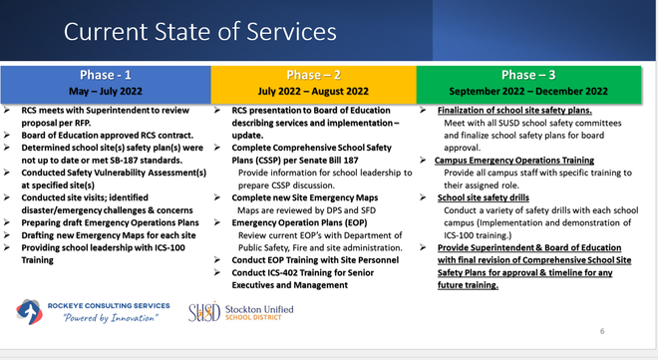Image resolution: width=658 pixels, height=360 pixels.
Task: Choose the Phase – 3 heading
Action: point(533,75)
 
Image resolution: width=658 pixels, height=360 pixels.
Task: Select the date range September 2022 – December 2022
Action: point(533,92)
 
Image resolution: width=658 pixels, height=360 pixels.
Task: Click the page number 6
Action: point(602,330)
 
